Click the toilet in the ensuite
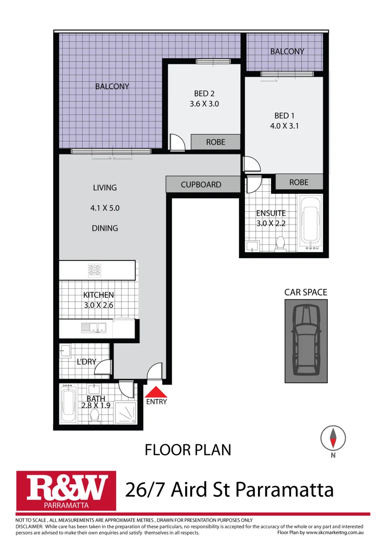(280, 243)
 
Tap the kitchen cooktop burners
(95, 270)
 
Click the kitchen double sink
(95, 328)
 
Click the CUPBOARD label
(201, 184)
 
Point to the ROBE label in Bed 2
(216, 142)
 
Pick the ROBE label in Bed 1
(299, 182)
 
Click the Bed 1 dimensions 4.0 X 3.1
(284, 126)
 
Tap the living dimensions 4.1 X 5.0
(105, 208)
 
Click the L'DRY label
(86, 362)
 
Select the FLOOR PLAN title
(188, 450)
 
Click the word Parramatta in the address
(284, 490)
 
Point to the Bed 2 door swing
(176, 142)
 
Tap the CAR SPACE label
(305, 292)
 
